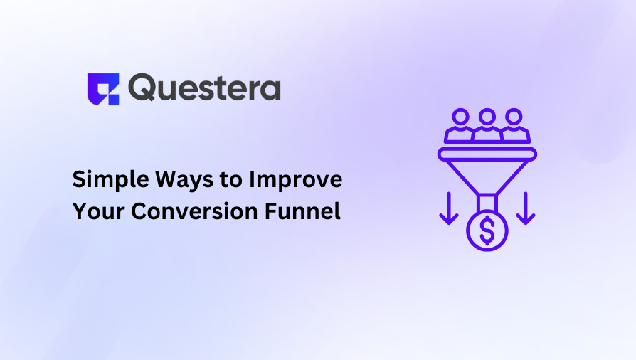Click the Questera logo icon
pyautogui.click(x=102, y=88)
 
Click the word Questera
pyautogui.click(x=205, y=88)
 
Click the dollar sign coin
pyautogui.click(x=487, y=231)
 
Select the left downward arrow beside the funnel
pyautogui.click(x=448, y=208)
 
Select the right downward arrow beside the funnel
pyautogui.click(x=525, y=208)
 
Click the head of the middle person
pyautogui.click(x=487, y=115)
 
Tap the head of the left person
pyautogui.click(x=460, y=115)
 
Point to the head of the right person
pyautogui.click(x=514, y=115)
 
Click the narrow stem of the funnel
pyautogui.click(x=487, y=202)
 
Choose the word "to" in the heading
pyautogui.click(x=229, y=181)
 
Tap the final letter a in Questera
pyautogui.click(x=270, y=90)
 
